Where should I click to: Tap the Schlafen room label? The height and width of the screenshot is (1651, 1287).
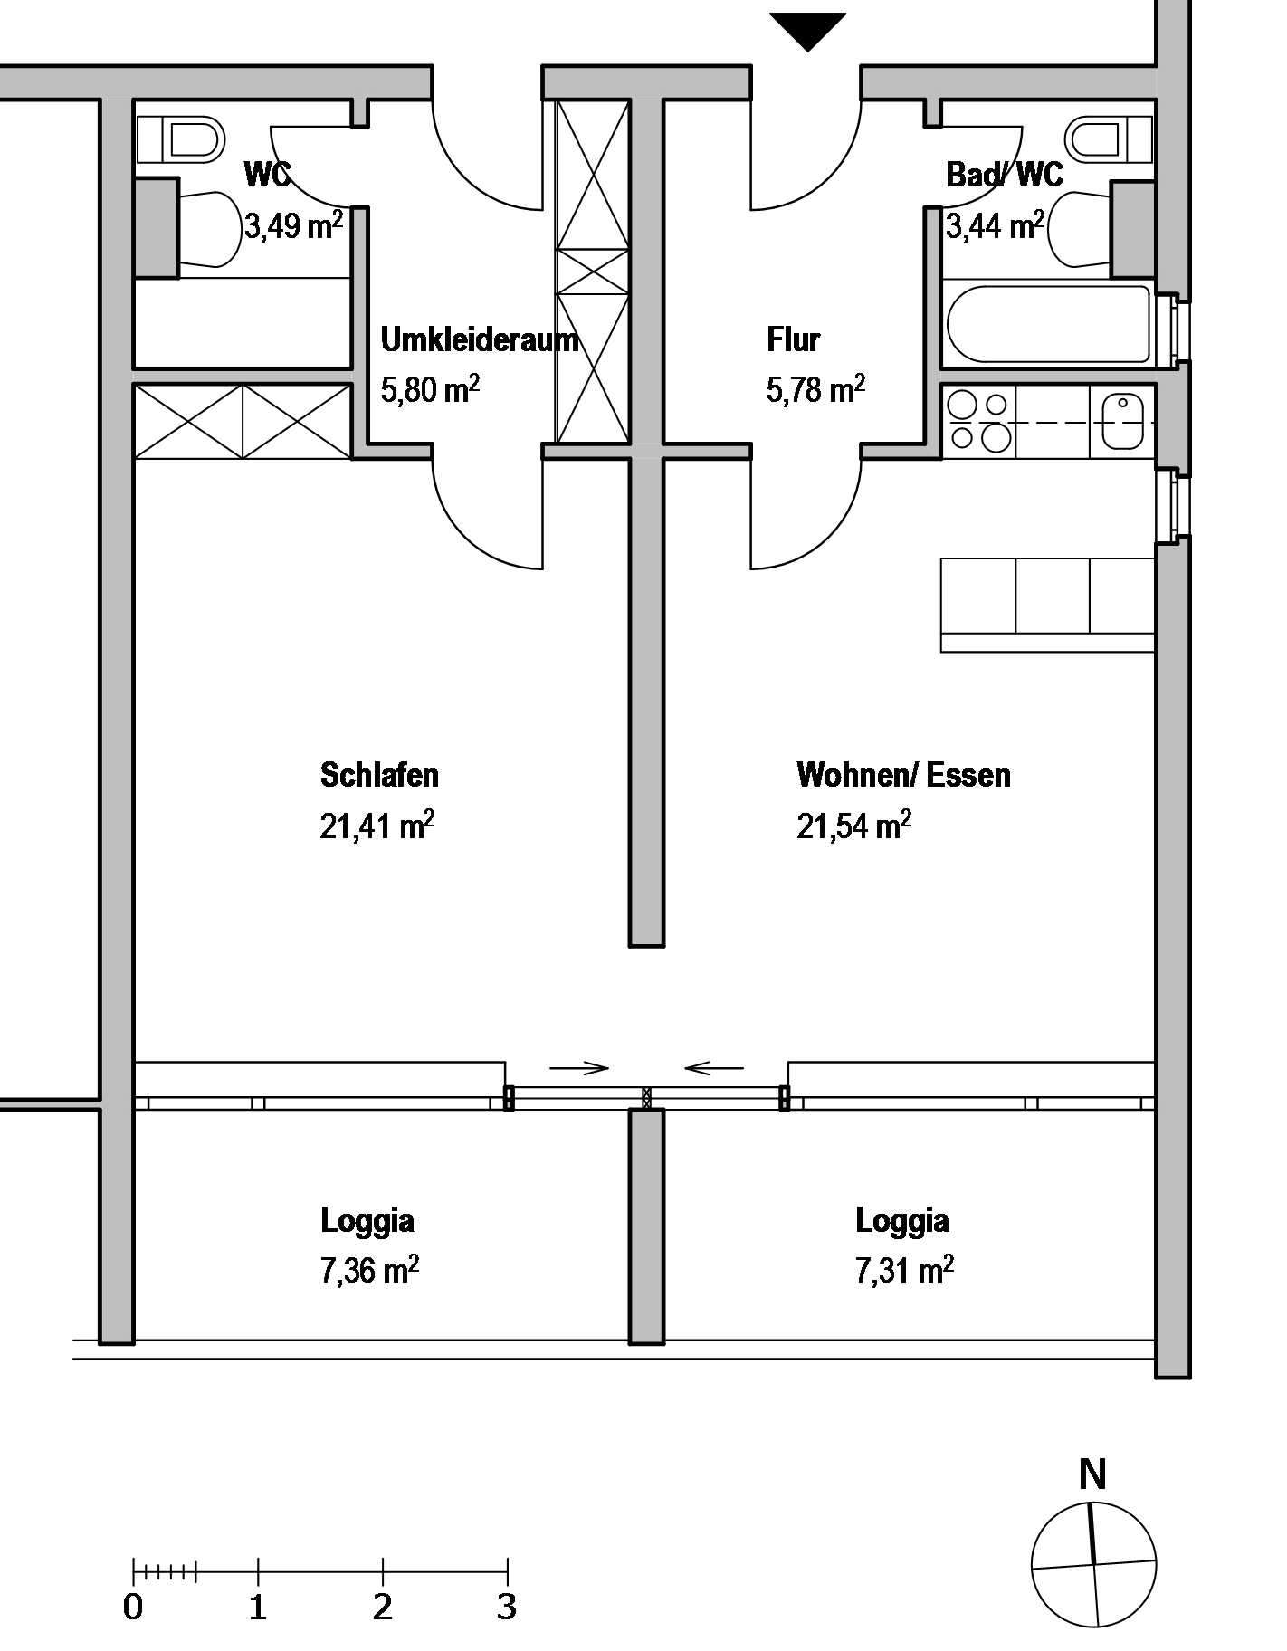coord(379,775)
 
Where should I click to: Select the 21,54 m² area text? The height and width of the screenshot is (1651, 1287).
coord(853,825)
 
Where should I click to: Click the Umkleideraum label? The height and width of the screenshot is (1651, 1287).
coord(479,340)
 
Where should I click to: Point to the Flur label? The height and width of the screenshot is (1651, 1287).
coord(793,340)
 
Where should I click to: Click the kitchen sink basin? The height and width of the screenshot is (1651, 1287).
coord(1123,422)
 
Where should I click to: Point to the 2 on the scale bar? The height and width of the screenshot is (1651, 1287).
coord(383,1608)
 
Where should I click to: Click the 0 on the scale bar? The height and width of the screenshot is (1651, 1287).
coord(133,1608)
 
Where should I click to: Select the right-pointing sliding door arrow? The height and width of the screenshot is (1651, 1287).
coord(579,1068)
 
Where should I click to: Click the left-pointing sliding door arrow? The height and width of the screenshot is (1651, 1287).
coord(714,1068)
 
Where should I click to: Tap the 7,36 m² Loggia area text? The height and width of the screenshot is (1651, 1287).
coord(369,1270)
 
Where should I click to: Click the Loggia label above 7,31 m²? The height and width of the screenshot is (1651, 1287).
coord(902,1221)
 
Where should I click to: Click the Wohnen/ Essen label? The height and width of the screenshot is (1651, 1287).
coord(903,775)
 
